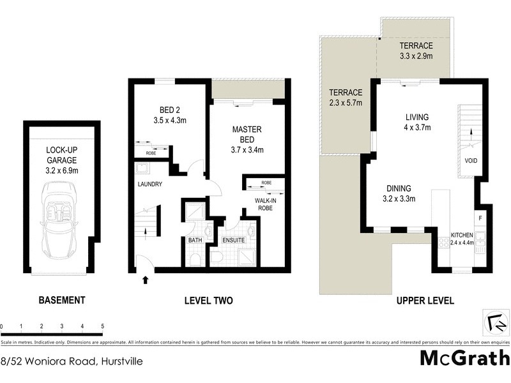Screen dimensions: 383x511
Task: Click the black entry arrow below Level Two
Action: click(146, 279)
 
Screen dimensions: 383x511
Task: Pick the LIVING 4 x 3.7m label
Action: click(418, 122)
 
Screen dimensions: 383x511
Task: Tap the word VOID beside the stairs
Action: click(471, 160)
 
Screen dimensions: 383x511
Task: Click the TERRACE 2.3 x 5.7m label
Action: click(346, 97)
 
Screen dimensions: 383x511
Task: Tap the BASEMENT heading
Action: click(62, 300)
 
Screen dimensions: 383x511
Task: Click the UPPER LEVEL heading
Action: click(425, 300)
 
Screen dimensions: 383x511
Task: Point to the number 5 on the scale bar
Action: click(102, 326)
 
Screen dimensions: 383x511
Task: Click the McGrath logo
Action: click(464, 357)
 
